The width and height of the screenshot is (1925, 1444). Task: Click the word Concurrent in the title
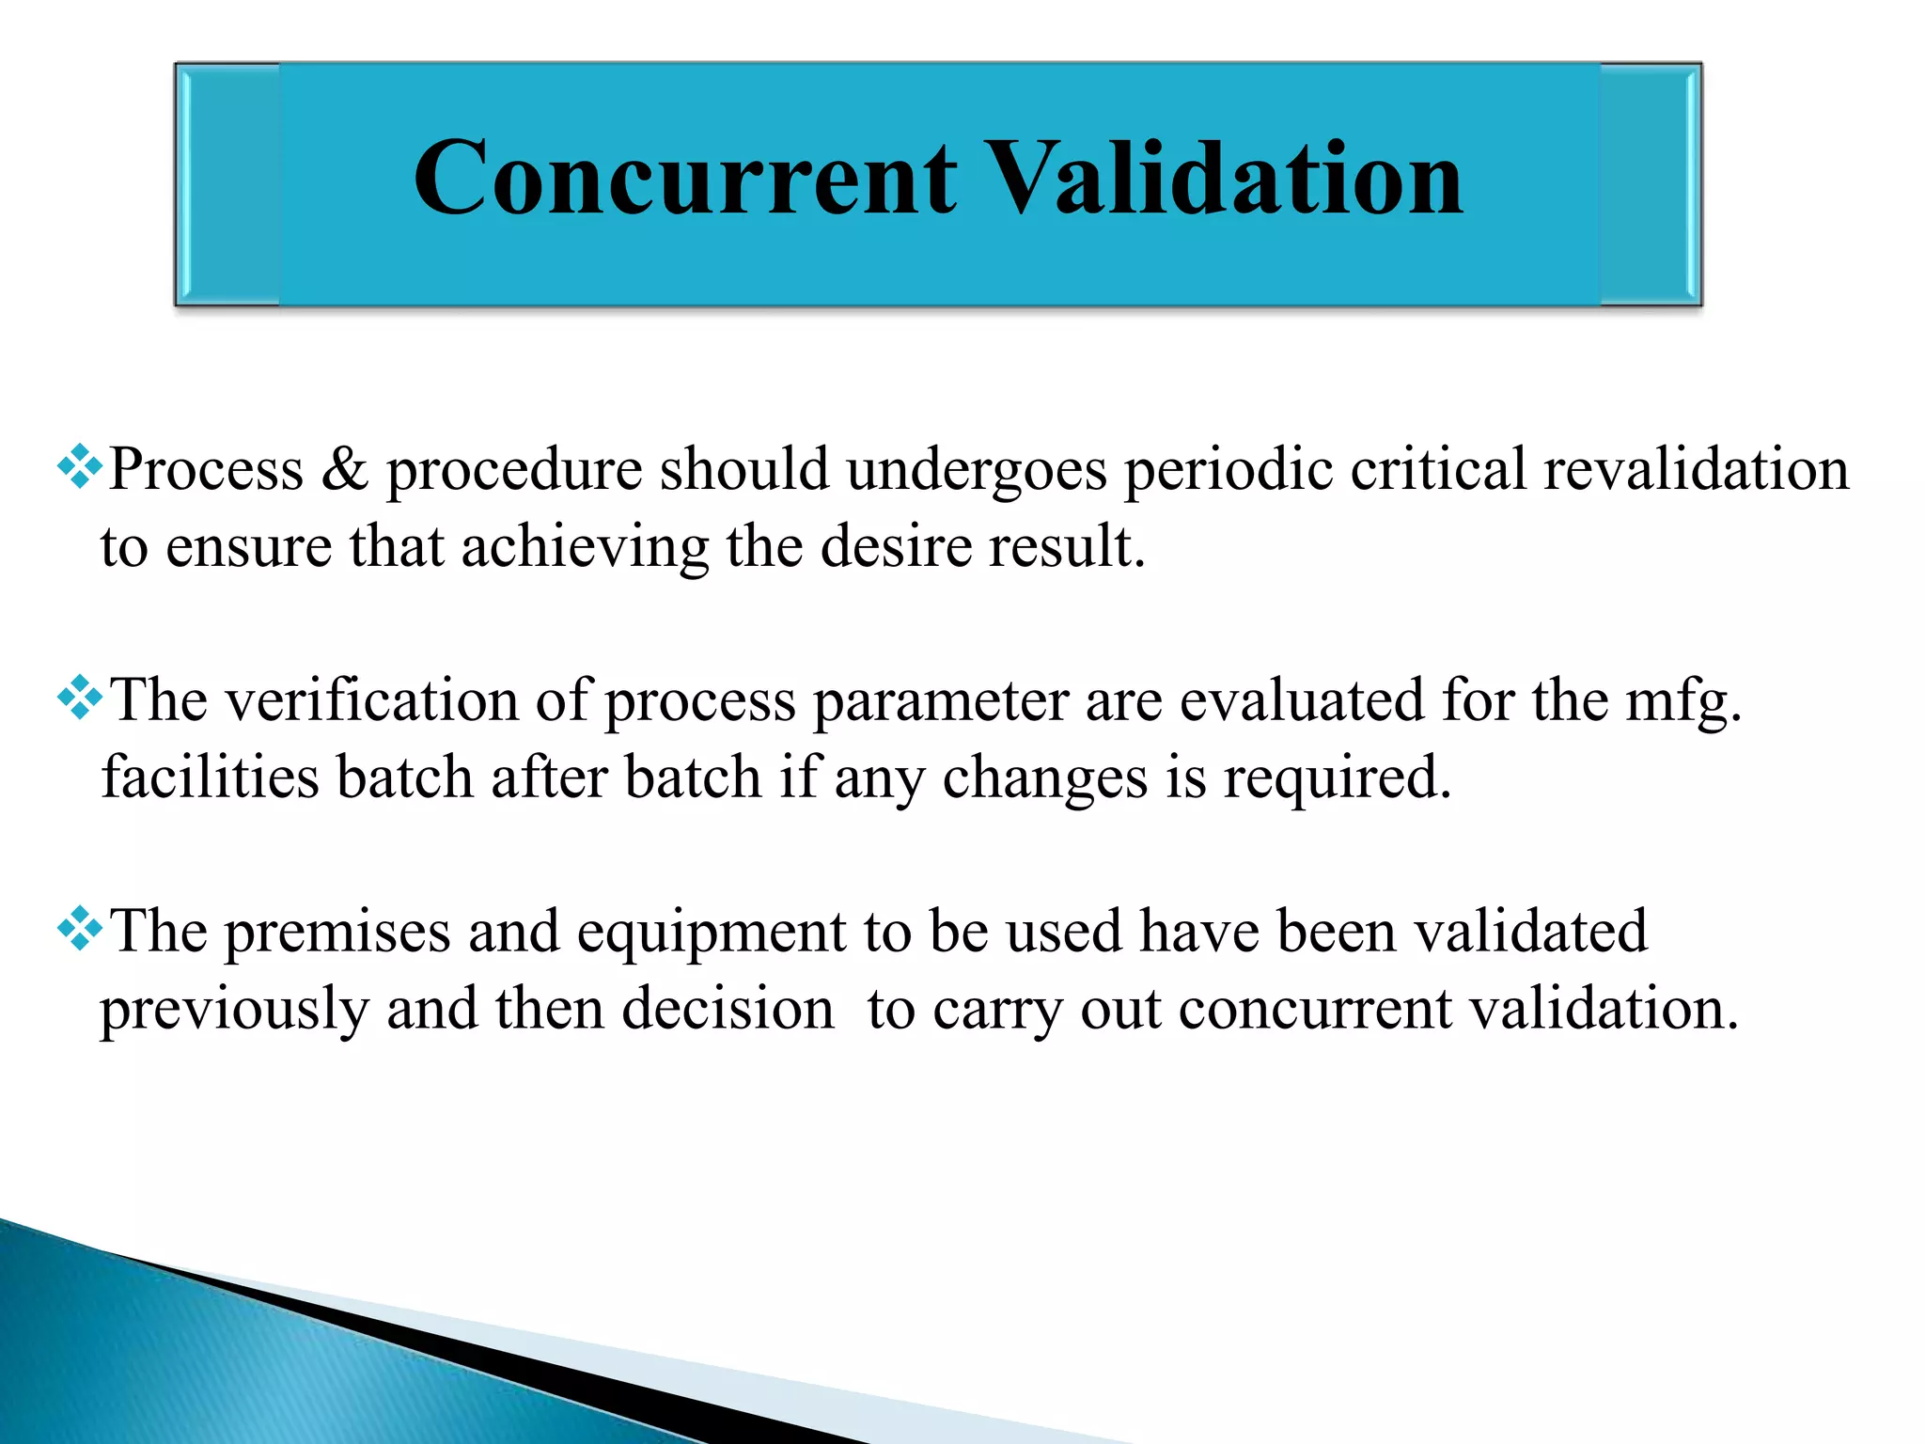click(x=684, y=179)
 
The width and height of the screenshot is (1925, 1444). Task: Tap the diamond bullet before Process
click(x=80, y=466)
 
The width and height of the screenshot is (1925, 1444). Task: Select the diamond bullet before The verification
click(x=80, y=698)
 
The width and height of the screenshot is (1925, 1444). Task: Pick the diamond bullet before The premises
click(x=80, y=929)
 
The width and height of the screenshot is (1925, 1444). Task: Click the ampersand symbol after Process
click(x=345, y=469)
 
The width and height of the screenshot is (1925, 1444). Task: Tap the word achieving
click(x=584, y=548)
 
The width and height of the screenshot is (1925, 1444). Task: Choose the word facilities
click(x=210, y=777)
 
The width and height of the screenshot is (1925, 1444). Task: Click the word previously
click(x=234, y=1011)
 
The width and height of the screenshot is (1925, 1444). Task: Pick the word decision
click(x=728, y=1009)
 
